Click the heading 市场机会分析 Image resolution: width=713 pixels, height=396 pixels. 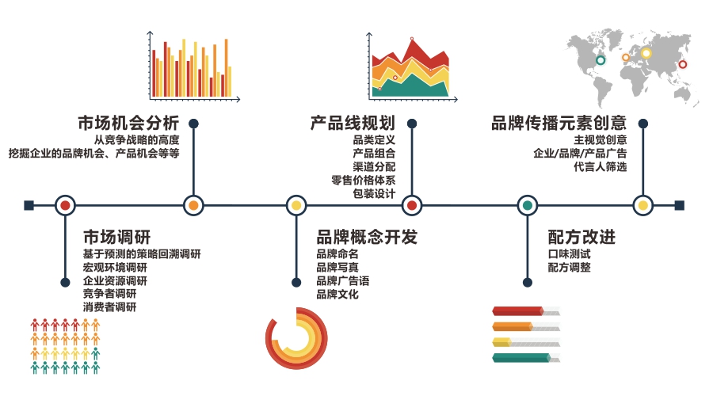coord(128,123)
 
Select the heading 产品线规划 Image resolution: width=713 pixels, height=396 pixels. coord(353,123)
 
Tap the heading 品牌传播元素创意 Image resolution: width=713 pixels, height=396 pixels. coord(559,123)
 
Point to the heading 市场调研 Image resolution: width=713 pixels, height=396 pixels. coord(117,237)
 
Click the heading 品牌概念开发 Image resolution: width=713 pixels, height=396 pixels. coord(367,237)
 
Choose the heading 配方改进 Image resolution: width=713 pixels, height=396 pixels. coord(581,237)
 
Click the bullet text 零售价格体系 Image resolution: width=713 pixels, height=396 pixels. coord(364,180)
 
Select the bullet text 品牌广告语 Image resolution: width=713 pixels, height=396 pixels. coord(343,281)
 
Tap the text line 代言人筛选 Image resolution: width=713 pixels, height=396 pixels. coord(601,166)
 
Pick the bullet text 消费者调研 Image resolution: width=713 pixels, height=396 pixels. coord(109,307)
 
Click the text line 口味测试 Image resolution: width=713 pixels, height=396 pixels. coord(570,253)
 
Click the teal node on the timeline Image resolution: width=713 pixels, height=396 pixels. coord(528,205)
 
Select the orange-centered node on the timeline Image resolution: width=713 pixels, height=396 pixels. coord(193,205)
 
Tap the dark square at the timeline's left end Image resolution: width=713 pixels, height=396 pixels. coord(29,205)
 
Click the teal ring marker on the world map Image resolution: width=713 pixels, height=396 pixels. coord(601,60)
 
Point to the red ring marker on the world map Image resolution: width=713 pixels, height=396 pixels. coord(683,65)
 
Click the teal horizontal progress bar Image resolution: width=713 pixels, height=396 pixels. coord(522,358)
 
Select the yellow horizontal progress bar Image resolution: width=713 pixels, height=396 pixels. coord(502,342)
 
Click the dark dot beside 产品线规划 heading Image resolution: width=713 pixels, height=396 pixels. coord(412,124)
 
